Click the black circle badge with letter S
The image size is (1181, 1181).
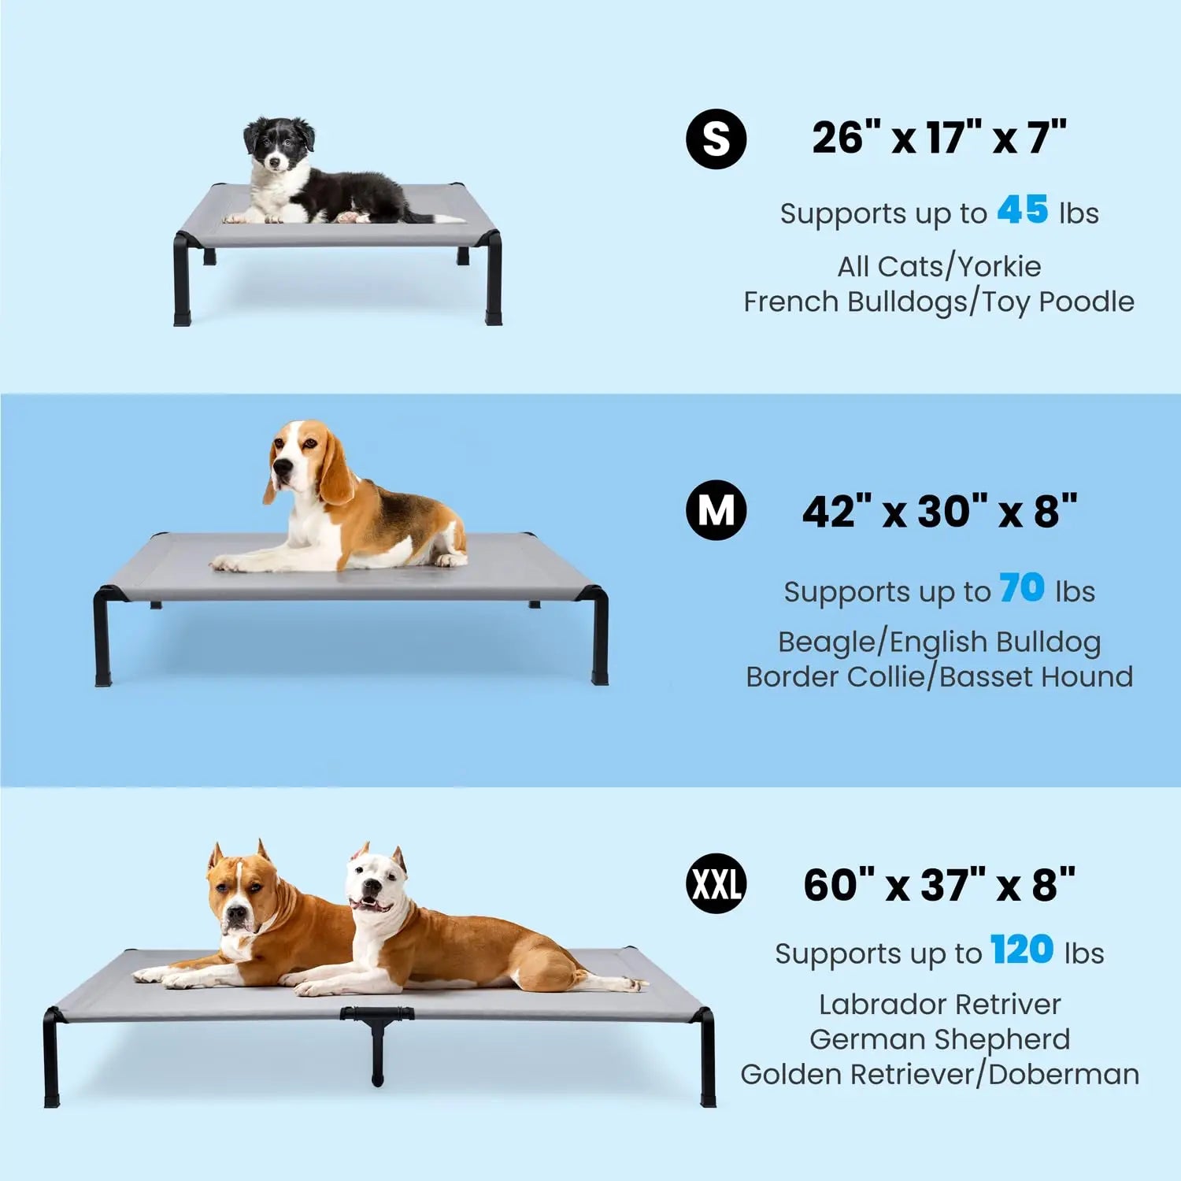coord(716,139)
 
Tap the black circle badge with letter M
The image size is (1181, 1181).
coord(716,510)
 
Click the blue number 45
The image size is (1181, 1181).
coord(1023,210)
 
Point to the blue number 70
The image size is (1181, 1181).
coord(1022,588)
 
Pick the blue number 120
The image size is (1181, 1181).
coord(1022,950)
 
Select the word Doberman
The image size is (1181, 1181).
coord(1064,1074)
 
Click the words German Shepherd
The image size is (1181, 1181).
coord(939,1039)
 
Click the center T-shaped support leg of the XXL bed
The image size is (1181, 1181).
coord(377,1039)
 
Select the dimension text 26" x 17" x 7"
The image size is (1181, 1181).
coord(939,138)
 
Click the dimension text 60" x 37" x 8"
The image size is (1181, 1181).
coord(939,885)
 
